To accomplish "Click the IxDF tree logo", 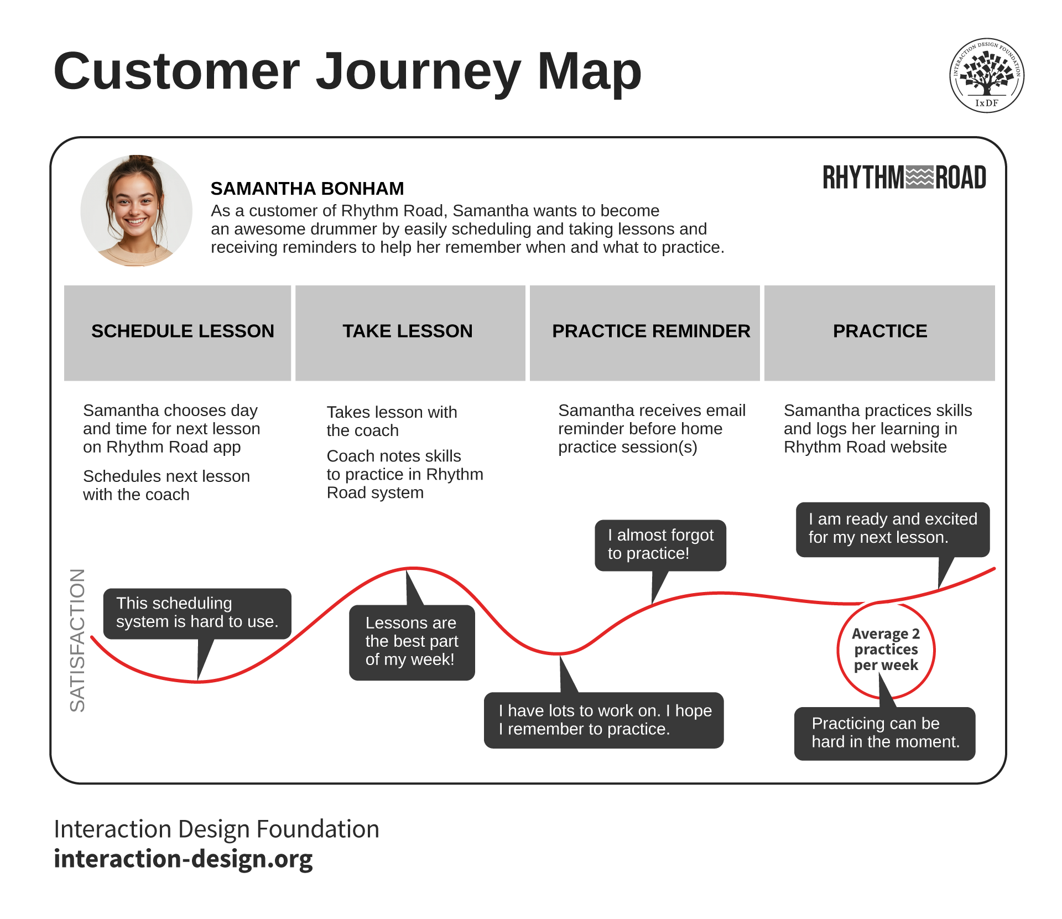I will [986, 75].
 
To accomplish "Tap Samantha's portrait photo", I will [136, 211].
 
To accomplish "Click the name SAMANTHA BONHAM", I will [307, 189].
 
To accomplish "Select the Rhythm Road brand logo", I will [904, 178].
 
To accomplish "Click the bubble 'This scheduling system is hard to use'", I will [197, 613].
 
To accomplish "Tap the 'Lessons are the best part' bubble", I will [412, 642].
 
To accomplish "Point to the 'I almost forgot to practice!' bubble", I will [660, 544].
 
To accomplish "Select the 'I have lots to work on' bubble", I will [603, 720].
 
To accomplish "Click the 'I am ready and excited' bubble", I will [892, 528].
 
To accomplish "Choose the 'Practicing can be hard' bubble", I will [884, 733].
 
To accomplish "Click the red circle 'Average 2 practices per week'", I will [886, 650].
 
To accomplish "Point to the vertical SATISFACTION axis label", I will [77, 640].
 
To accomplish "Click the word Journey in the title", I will [418, 72].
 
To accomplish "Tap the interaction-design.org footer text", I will [183, 859].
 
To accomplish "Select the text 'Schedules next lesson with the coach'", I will [166, 485].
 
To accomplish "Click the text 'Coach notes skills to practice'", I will [404, 474].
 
